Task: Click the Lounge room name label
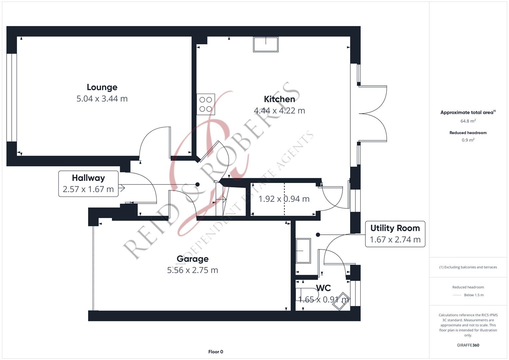pyautogui.click(x=102, y=87)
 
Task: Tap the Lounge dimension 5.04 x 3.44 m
pyautogui.click(x=102, y=99)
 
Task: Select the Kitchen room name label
pyautogui.click(x=279, y=99)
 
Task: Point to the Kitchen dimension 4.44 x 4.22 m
pyautogui.click(x=279, y=111)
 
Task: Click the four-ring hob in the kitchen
pyautogui.click(x=206, y=104)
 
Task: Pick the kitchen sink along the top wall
pyautogui.click(x=266, y=44)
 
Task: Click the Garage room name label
pyautogui.click(x=192, y=259)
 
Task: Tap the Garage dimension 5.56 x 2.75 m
pyautogui.click(x=192, y=270)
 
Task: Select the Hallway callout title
pyautogui.click(x=88, y=178)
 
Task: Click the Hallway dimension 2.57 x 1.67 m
pyautogui.click(x=88, y=189)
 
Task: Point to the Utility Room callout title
pyautogui.click(x=395, y=228)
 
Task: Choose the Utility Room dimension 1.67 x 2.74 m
pyautogui.click(x=395, y=240)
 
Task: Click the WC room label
pyautogui.click(x=323, y=288)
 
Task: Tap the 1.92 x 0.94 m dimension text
pyautogui.click(x=284, y=199)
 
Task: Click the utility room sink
pyautogui.click(x=303, y=251)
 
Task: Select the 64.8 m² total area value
pyautogui.click(x=468, y=121)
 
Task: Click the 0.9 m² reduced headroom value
pyautogui.click(x=468, y=140)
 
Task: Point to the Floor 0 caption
pyautogui.click(x=216, y=352)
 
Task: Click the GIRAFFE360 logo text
pyautogui.click(x=468, y=345)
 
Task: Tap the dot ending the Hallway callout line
pyautogui.click(x=197, y=185)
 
